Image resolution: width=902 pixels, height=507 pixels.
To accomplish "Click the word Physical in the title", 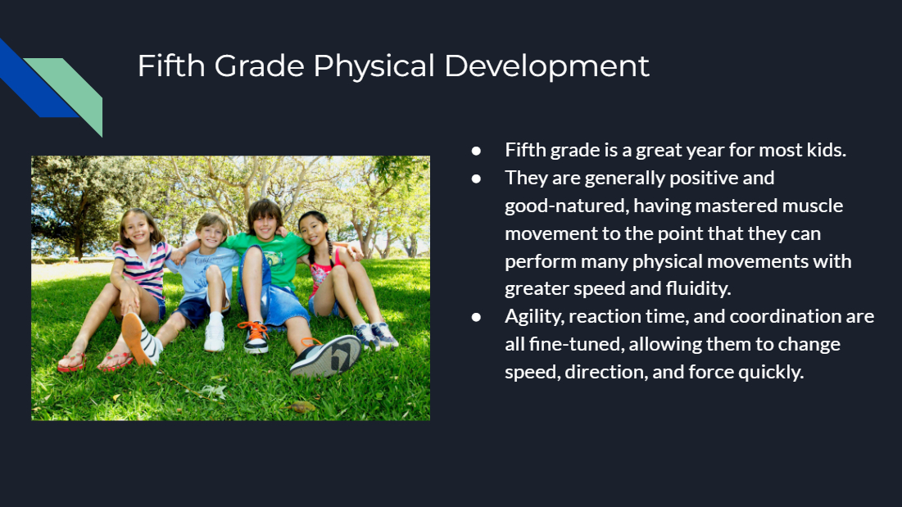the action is (x=374, y=66).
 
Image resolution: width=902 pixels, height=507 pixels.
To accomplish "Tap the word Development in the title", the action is (x=546, y=66).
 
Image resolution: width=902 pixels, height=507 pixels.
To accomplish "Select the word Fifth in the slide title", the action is (x=171, y=66).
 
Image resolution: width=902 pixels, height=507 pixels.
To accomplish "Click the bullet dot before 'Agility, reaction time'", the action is (x=476, y=317).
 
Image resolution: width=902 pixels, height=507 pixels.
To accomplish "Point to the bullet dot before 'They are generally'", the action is (x=476, y=179).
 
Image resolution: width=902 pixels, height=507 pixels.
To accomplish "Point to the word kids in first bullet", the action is (x=826, y=150).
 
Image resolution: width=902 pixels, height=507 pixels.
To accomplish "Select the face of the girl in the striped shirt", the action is (x=138, y=230).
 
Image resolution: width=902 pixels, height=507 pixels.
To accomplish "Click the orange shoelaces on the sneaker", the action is (x=254, y=331).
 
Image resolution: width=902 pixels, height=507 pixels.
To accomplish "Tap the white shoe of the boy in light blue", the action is (x=214, y=337).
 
